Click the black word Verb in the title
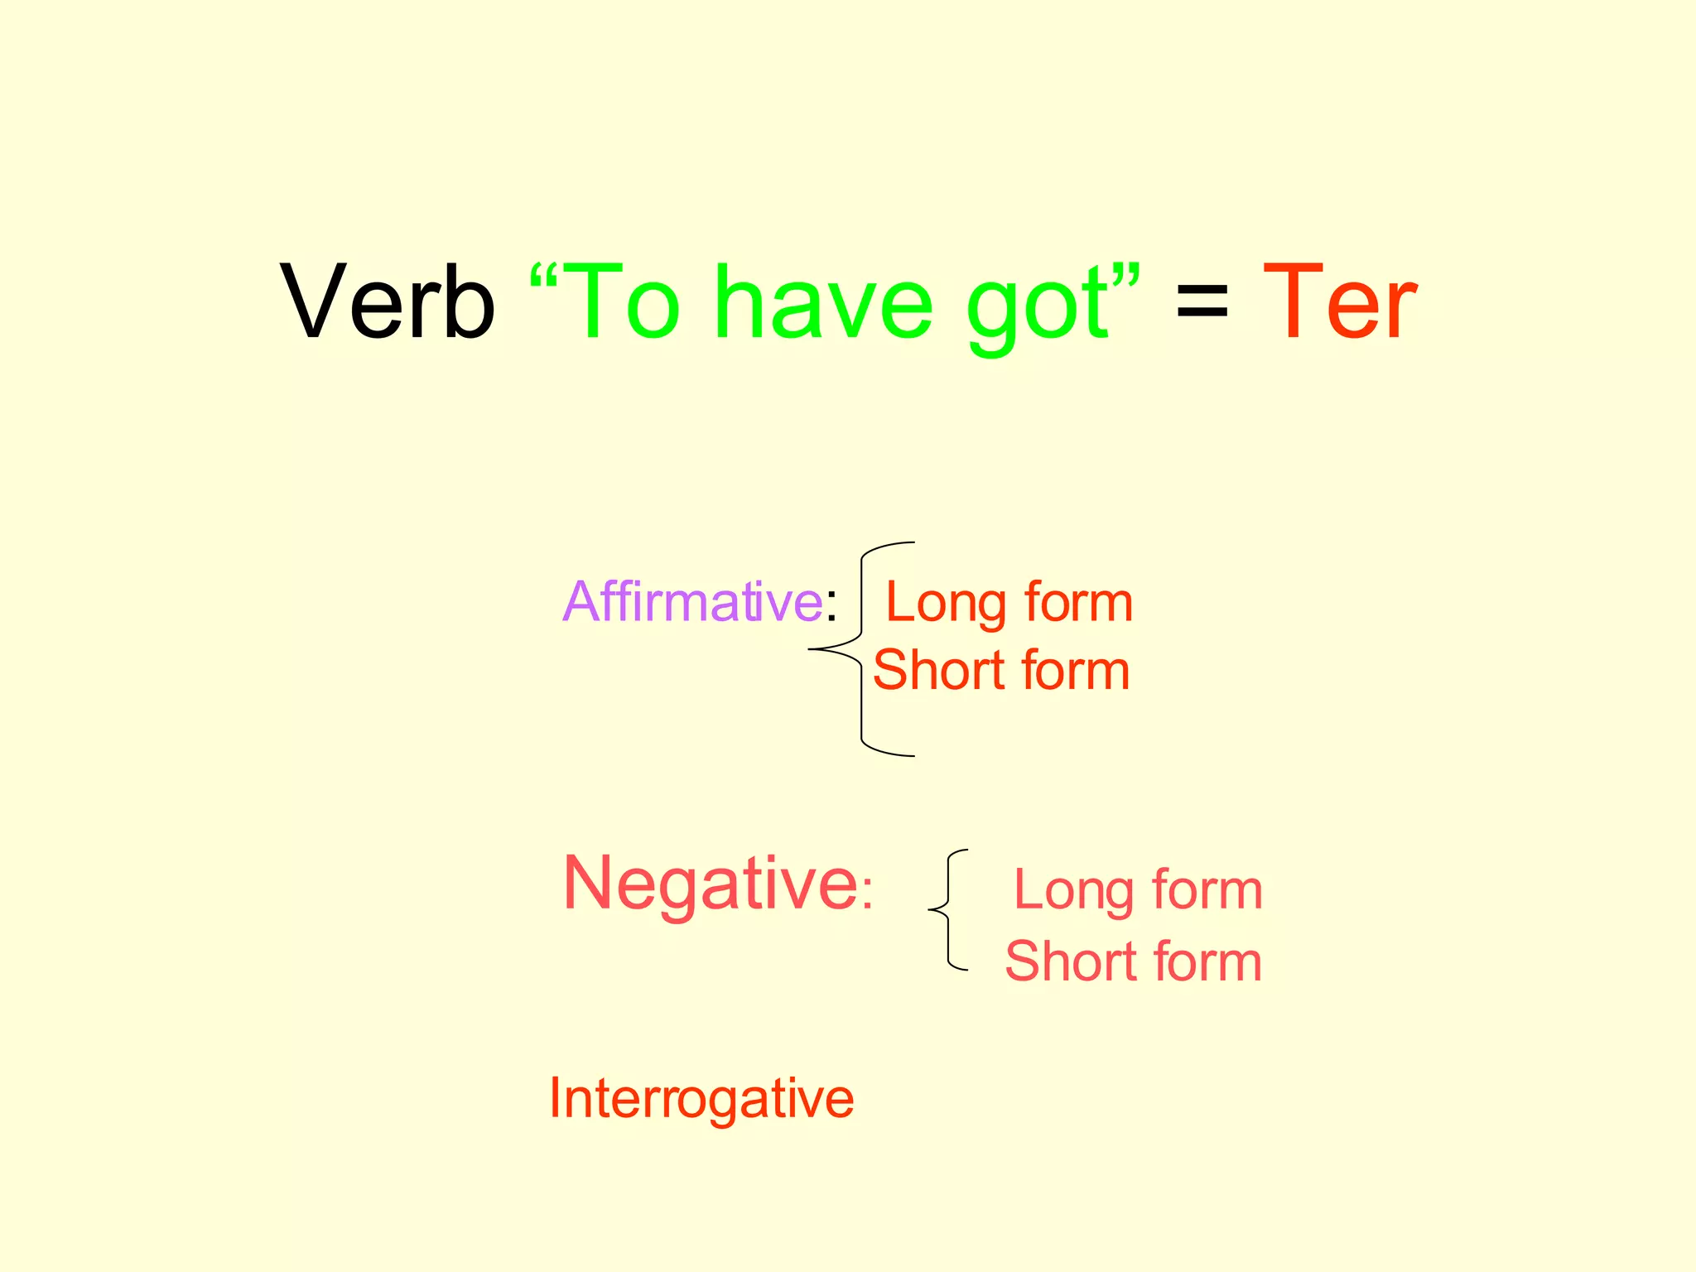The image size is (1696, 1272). click(x=388, y=301)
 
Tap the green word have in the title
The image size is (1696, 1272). click(x=823, y=301)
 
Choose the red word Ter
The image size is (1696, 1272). click(x=1339, y=301)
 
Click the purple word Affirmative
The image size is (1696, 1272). click(x=692, y=601)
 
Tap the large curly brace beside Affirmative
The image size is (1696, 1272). click(x=861, y=649)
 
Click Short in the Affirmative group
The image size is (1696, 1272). click(x=939, y=670)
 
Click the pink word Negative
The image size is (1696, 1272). click(x=711, y=885)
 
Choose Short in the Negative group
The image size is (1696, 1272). click(x=1070, y=961)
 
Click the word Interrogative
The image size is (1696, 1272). click(x=701, y=1099)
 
